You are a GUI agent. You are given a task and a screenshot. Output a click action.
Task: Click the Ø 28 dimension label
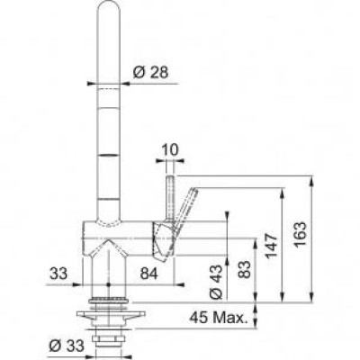pyautogui.click(x=150, y=72)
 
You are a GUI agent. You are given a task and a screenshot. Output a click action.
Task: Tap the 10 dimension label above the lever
pyautogui.click(x=171, y=150)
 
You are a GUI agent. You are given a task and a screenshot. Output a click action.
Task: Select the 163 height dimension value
pyautogui.click(x=300, y=234)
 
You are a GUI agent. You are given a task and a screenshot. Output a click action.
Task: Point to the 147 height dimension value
pyautogui.click(x=272, y=247)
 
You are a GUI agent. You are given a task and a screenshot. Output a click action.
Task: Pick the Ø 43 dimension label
pyautogui.click(x=216, y=283)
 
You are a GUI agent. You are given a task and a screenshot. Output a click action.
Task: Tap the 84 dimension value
pyautogui.click(x=148, y=274)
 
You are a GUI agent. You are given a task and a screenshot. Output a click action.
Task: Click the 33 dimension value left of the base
pyautogui.click(x=58, y=274)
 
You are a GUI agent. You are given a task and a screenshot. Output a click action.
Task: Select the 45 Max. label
pyautogui.click(x=217, y=318)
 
